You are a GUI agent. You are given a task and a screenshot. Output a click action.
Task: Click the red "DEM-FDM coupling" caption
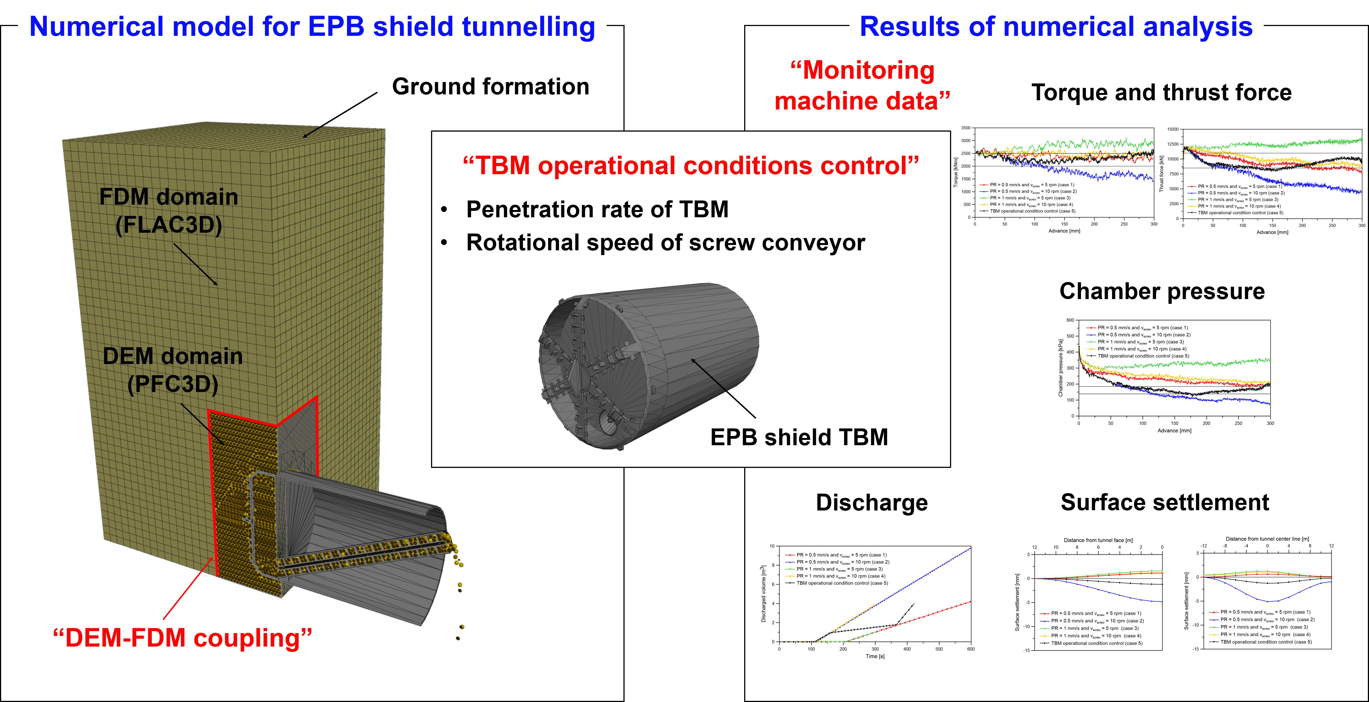click(x=182, y=638)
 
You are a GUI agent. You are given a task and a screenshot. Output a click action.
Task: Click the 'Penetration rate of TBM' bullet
click(x=597, y=209)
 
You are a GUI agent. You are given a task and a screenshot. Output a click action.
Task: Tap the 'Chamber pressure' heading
click(x=1162, y=291)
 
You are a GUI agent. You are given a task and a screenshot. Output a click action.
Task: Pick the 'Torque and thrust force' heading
click(x=1162, y=92)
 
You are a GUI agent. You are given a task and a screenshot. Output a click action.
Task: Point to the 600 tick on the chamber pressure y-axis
click(x=1070, y=320)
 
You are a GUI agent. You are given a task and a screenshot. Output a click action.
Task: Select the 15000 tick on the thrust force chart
click(x=1173, y=129)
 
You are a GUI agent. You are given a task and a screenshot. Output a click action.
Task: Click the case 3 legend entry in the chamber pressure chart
click(x=1135, y=342)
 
